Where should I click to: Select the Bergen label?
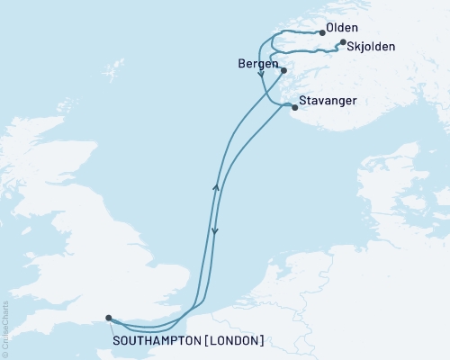click(x=256, y=66)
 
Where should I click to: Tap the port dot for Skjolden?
click(x=341, y=42)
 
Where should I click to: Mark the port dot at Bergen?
click(x=283, y=70)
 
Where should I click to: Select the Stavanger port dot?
click(x=294, y=107)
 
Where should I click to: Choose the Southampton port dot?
click(x=108, y=318)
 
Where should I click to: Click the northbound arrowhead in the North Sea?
click(x=215, y=186)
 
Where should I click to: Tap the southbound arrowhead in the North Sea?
click(x=214, y=232)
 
